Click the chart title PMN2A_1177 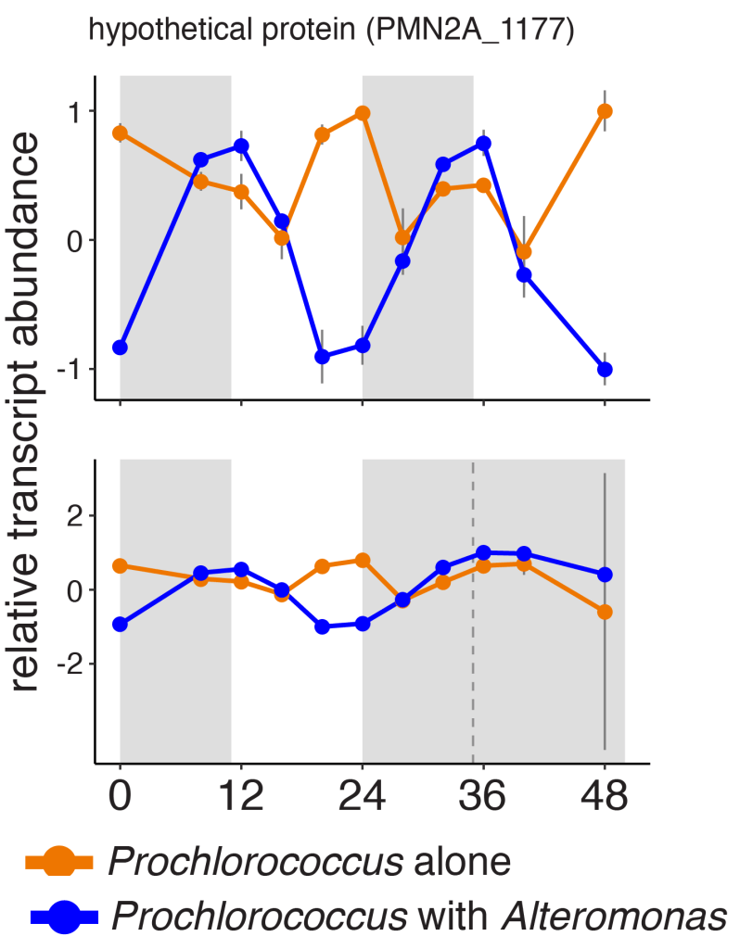click(331, 32)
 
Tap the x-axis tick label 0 click(121, 796)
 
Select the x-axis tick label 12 click(241, 796)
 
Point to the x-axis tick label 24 click(363, 796)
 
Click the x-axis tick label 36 click(483, 796)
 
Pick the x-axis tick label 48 click(605, 796)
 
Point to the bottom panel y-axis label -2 click(69, 664)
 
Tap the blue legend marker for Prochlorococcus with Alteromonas click(63, 917)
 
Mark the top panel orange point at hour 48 click(605, 111)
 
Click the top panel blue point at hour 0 click(121, 348)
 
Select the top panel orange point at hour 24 click(363, 113)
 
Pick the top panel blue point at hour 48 click(605, 370)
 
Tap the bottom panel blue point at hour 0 click(121, 624)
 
